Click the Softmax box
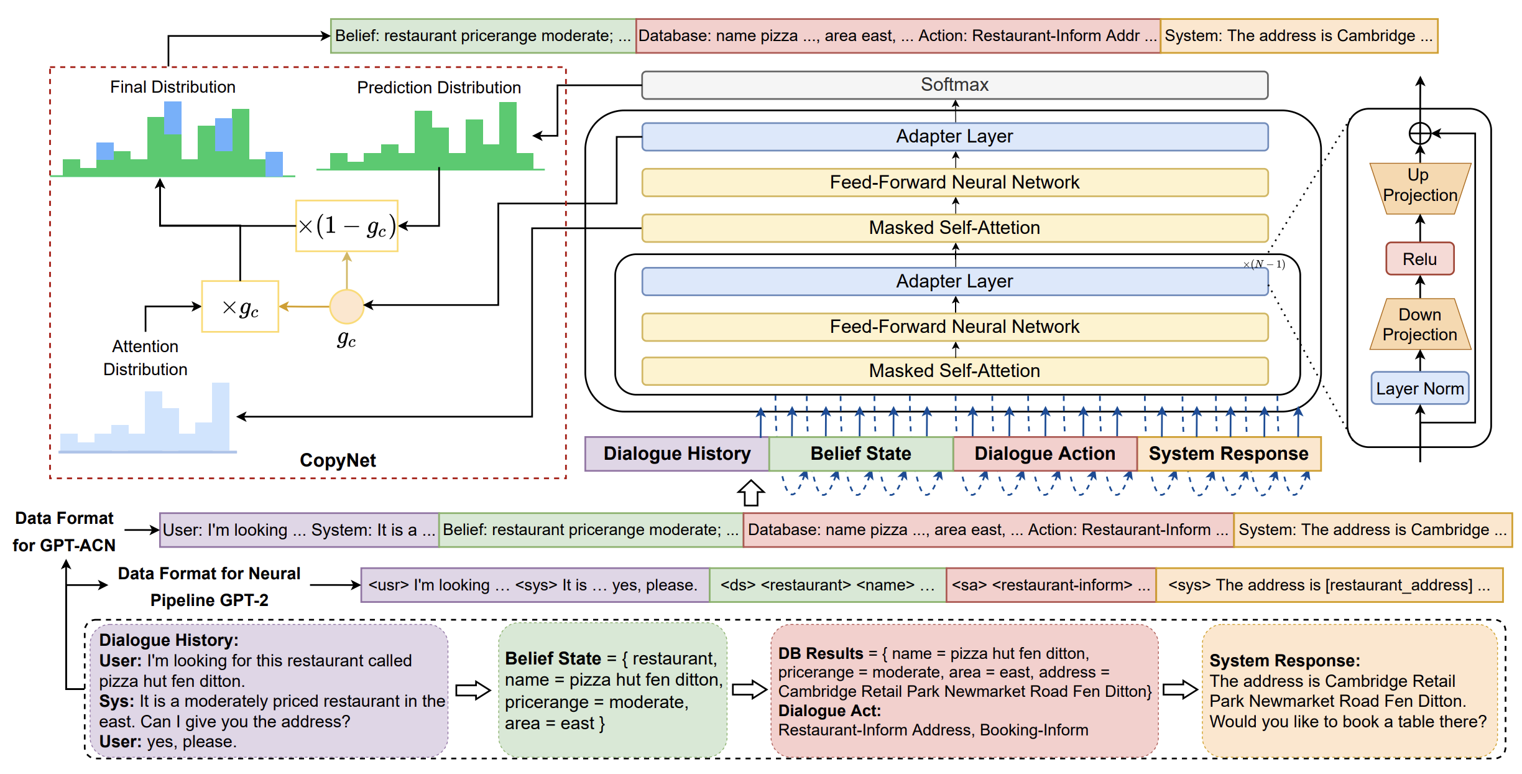(x=954, y=85)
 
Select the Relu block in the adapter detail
(x=1419, y=259)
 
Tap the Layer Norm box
(x=1419, y=389)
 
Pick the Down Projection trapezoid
(x=1420, y=325)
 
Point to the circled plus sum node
(x=1420, y=133)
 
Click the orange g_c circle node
(x=346, y=306)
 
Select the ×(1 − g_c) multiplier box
(x=347, y=226)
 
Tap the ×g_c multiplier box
(x=240, y=307)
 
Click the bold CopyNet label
(x=338, y=460)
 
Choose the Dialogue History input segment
(x=677, y=454)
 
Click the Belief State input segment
(x=860, y=454)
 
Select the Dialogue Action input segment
(x=1045, y=454)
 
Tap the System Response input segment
(x=1229, y=454)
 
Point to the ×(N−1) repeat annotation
(x=1264, y=264)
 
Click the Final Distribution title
(x=173, y=87)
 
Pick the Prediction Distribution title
(x=439, y=88)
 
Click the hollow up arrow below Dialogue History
(x=751, y=493)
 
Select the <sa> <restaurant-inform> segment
(x=1051, y=585)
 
